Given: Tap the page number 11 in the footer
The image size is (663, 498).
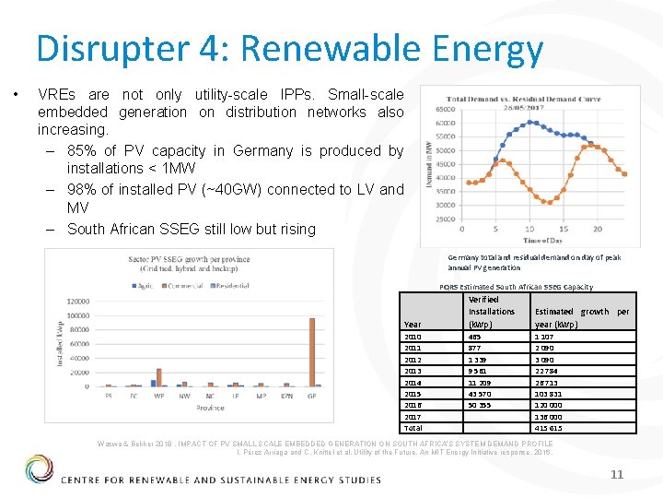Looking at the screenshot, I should (x=617, y=473).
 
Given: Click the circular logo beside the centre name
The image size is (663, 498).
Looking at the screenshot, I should (x=40, y=468).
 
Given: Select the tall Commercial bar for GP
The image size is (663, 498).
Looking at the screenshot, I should (x=312, y=352).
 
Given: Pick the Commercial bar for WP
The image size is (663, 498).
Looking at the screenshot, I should (x=158, y=376).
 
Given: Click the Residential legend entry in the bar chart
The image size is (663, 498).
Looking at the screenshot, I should (x=235, y=285).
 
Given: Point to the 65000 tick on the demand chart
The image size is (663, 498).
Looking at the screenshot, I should (x=446, y=109).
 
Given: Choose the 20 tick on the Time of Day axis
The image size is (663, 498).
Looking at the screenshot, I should (x=598, y=229).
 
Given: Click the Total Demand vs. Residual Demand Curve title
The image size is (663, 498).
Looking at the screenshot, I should (x=523, y=100).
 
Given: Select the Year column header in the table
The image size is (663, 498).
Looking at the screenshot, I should (x=413, y=324).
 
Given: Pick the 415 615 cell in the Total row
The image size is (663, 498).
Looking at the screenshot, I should (x=549, y=428).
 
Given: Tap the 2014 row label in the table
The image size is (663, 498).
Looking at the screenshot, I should (x=413, y=382).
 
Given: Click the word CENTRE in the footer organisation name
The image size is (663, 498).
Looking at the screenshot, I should (x=90, y=480).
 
